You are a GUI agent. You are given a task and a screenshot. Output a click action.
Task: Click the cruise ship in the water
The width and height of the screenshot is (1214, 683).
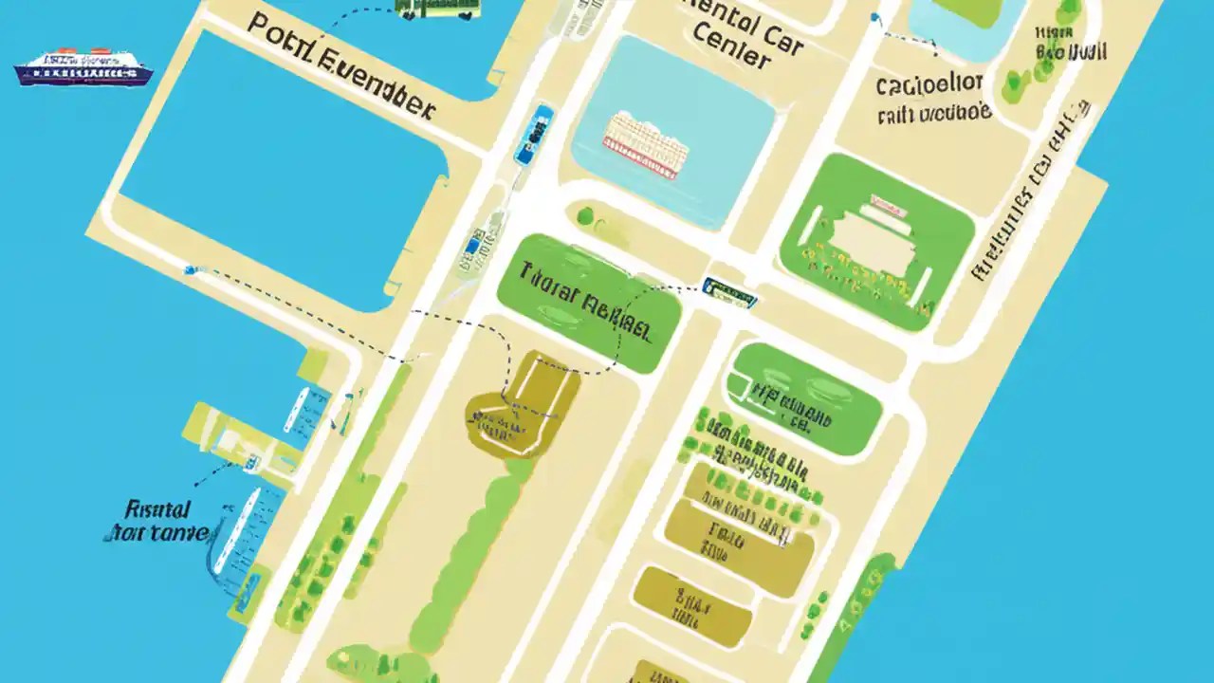(83, 68)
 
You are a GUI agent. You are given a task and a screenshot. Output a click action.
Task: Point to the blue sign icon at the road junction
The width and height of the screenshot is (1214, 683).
(729, 292)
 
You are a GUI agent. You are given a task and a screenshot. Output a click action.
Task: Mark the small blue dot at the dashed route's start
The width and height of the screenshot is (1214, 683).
(190, 270)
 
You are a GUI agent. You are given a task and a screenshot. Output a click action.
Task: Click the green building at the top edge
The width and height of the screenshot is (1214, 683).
(437, 8)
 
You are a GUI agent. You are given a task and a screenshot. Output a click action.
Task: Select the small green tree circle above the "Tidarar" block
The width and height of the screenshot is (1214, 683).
(585, 215)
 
